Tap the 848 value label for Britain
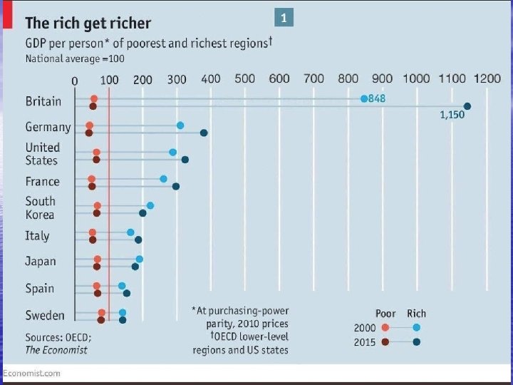point(377,98)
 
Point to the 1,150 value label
point(451,115)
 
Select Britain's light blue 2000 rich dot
point(364,98)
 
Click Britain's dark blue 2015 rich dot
point(467,106)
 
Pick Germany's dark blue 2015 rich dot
point(204,133)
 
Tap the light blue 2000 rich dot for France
point(164,179)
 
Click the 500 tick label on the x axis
point(245,78)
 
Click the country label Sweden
point(45,315)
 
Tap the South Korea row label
point(40,207)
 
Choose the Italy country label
point(38,235)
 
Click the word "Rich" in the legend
point(417,313)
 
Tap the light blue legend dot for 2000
point(417,327)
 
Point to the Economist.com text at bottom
point(32,373)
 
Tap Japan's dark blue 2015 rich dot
point(135,267)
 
